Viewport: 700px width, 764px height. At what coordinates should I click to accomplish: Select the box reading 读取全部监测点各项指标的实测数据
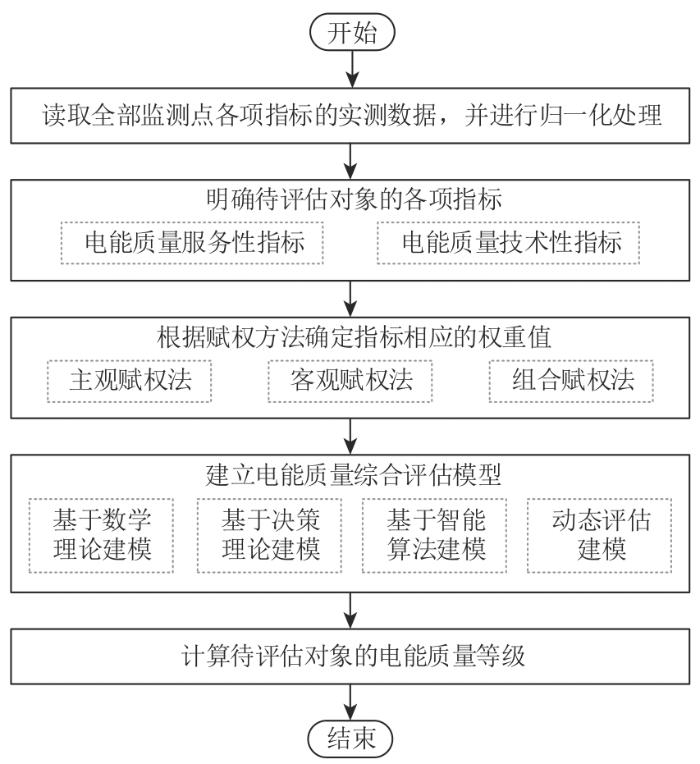pyautogui.click(x=350, y=115)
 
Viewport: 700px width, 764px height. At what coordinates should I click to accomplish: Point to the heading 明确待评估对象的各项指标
pyautogui.click(x=350, y=198)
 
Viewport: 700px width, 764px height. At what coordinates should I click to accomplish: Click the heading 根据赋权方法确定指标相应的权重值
pyautogui.click(x=350, y=336)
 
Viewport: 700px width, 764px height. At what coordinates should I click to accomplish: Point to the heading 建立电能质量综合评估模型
pyautogui.click(x=350, y=473)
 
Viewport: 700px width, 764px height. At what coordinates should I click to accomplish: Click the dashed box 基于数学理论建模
pyautogui.click(x=100, y=535)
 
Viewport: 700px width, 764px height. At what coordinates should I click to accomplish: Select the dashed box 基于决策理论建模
pyautogui.click(x=268, y=535)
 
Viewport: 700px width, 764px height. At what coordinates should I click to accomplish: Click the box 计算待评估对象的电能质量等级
pyautogui.click(x=350, y=657)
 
